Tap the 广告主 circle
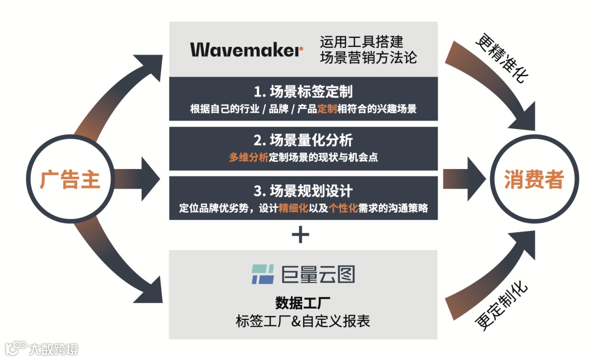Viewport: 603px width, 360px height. pos(70,180)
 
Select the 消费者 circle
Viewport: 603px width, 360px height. pos(534,180)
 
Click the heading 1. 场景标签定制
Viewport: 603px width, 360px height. pos(303,92)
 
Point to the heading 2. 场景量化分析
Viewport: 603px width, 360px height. pos(303,140)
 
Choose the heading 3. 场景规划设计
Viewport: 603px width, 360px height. pos(303,191)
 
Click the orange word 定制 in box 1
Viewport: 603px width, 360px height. pos(327,109)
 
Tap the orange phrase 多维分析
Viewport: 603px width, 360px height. pos(248,157)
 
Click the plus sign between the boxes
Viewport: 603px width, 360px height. pos(300,235)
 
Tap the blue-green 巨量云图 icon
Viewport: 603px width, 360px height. pos(262,274)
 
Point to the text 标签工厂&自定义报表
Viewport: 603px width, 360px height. pos(303,321)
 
